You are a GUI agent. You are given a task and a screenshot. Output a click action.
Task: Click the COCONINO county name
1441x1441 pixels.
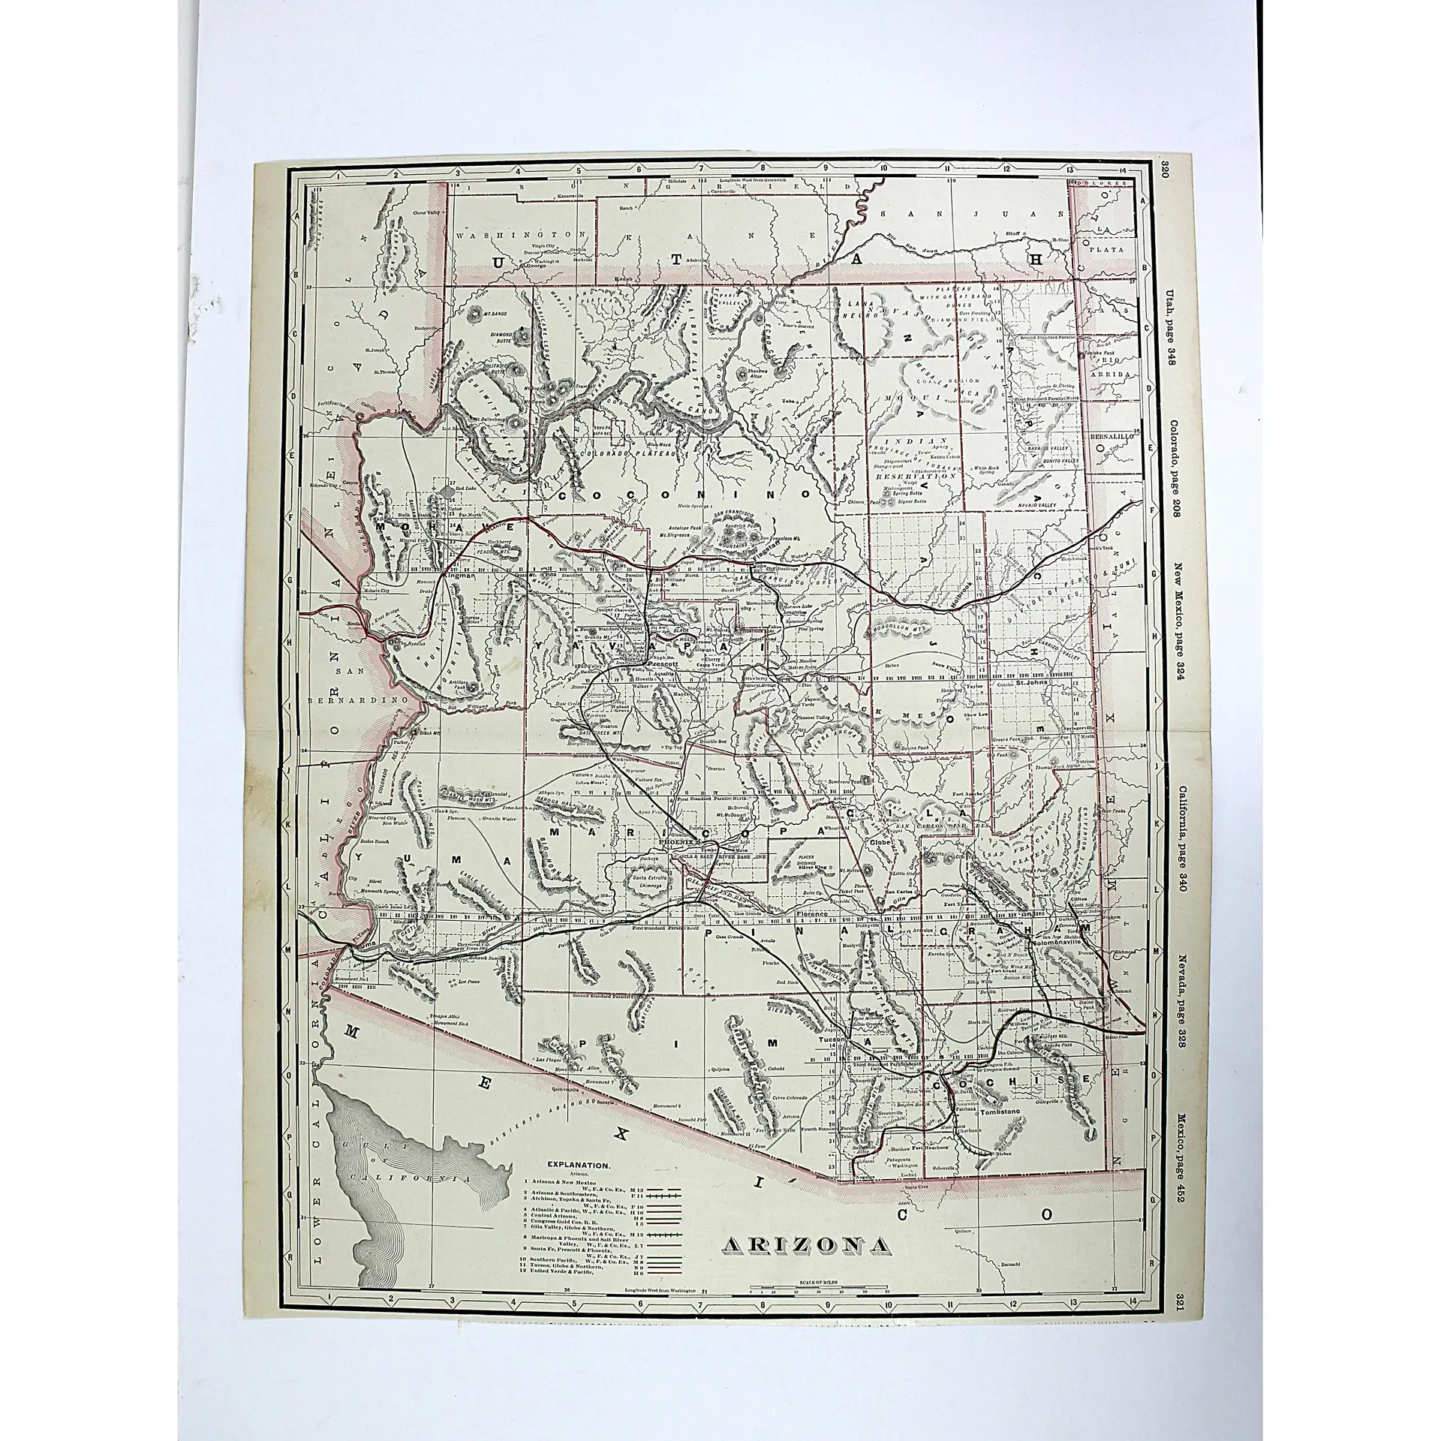[x=683, y=496]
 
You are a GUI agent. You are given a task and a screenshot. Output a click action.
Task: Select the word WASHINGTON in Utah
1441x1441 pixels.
[x=510, y=214]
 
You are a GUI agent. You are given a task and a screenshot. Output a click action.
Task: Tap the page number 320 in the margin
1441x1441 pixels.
[x=1165, y=163]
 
